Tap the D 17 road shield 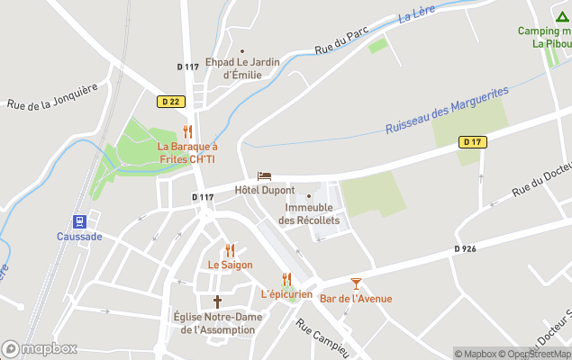472,142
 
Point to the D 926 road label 467,248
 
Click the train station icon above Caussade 80,221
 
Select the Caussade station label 80,237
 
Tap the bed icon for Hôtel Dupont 264,175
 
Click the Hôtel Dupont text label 265,190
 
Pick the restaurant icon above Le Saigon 230,250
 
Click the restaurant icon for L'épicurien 286,279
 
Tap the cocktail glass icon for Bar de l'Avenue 356,283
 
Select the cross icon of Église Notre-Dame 217,301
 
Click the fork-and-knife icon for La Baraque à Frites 187,131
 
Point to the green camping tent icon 562,16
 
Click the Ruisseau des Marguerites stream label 447,110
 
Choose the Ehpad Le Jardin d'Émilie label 242,68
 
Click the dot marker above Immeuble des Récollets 309,196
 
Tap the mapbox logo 40,348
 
